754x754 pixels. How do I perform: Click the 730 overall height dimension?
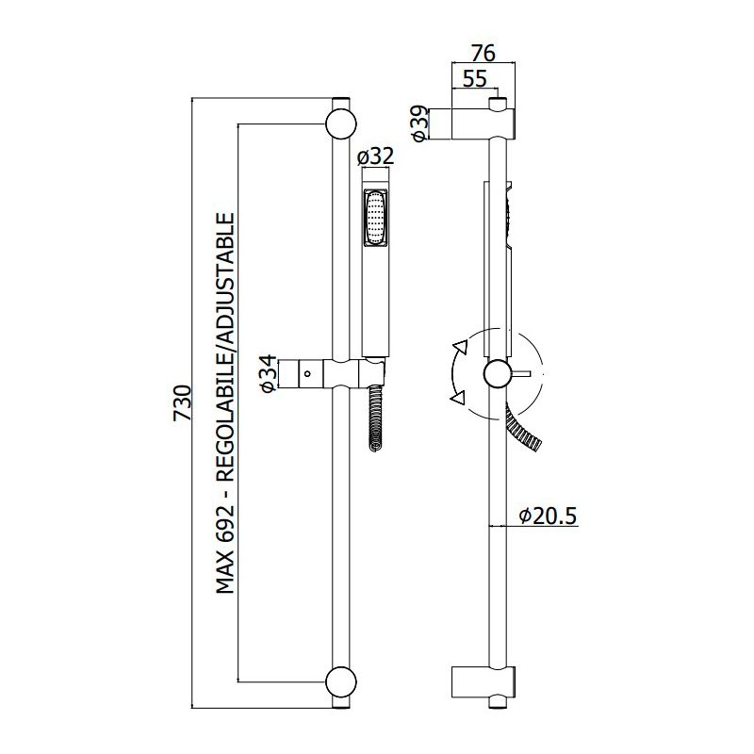click(182, 403)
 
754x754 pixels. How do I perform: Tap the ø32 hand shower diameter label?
click(376, 156)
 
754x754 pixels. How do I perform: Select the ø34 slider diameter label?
click(270, 374)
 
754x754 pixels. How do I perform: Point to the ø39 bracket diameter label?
click(419, 124)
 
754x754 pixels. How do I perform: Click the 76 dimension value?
click(483, 54)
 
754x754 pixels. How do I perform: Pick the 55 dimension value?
click(475, 78)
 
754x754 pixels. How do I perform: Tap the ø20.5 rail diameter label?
click(548, 516)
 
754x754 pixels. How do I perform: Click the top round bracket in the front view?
click(341, 123)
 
